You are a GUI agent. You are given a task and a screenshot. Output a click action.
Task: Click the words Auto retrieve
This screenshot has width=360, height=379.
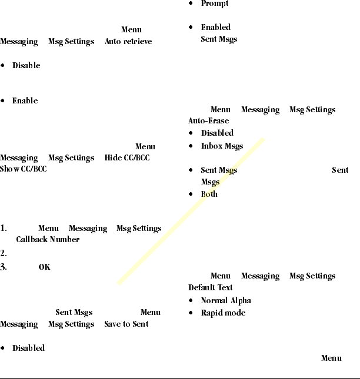[128, 42]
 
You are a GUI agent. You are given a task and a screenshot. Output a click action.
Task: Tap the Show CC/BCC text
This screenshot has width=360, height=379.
[24, 170]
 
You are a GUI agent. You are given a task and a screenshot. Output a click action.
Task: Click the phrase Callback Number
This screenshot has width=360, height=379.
[48, 240]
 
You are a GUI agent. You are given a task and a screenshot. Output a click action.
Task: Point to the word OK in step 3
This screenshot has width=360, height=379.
[45, 267]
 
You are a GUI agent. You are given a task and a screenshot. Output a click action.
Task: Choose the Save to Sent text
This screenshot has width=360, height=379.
[126, 324]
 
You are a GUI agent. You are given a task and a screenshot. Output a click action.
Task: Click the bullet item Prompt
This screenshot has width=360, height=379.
[215, 4]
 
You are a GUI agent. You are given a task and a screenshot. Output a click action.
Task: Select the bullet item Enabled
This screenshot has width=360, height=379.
[215, 27]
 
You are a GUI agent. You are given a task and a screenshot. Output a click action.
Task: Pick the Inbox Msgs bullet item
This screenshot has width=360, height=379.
[222, 146]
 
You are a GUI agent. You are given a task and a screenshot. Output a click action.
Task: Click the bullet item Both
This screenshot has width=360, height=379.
[209, 194]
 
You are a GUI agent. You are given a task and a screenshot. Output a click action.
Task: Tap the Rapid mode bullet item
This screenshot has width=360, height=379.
[223, 313]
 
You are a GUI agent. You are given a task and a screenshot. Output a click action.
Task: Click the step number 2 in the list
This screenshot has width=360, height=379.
[4, 254]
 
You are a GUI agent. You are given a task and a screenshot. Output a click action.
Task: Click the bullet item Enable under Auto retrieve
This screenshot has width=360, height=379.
[25, 101]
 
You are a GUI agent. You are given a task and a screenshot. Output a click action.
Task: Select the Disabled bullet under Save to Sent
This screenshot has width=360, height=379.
[28, 348]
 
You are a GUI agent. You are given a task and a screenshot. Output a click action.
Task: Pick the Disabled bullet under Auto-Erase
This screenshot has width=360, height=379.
[217, 133]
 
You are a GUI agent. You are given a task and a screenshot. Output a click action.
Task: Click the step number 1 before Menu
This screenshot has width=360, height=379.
[4, 229]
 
